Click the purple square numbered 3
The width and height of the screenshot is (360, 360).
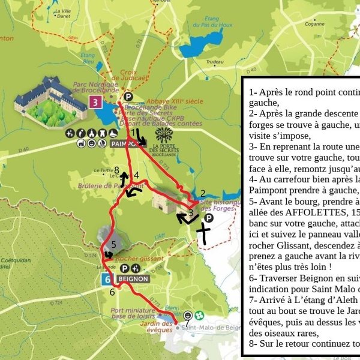coord(96,102)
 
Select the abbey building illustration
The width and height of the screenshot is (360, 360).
coord(51,99)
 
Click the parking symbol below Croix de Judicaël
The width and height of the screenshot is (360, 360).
coord(128,96)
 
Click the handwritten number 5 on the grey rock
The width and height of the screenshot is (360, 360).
coord(113,245)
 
